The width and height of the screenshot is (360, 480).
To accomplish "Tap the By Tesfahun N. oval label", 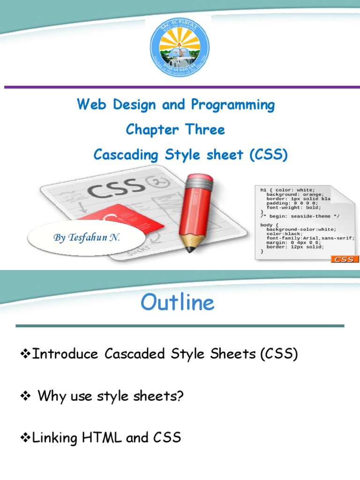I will pyautogui.click(x=87, y=238).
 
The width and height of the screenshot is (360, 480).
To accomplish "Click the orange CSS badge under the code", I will pyautogui.click(x=345, y=259).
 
